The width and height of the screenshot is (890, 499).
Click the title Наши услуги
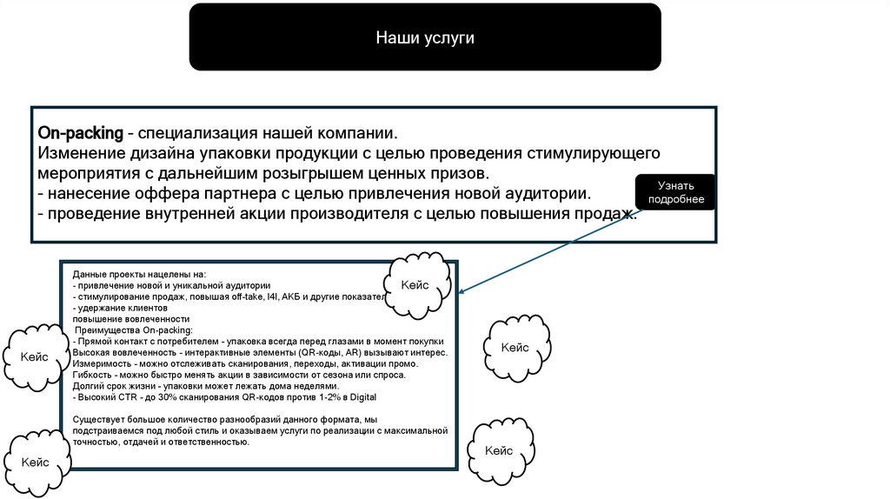pyautogui.click(x=425, y=38)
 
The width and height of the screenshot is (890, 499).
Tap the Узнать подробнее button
pyautogui.click(x=674, y=193)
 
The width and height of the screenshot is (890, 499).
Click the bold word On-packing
pyautogui.click(x=79, y=135)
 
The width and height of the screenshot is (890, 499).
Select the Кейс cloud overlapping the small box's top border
pyautogui.click(x=415, y=285)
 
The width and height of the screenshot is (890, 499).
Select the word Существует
pyautogui.click(x=100, y=420)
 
